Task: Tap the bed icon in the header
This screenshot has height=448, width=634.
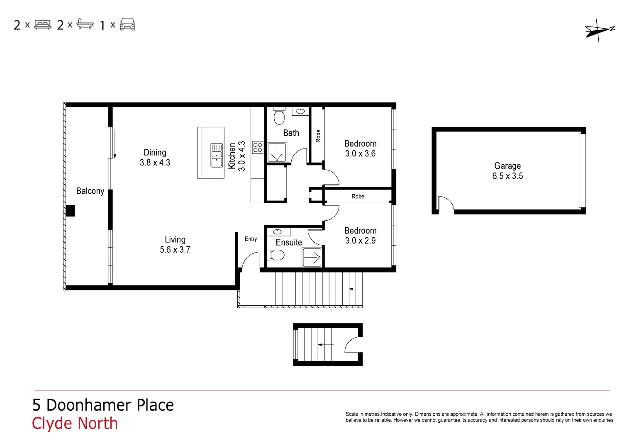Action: click(x=42, y=25)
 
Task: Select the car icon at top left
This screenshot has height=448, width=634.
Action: click(x=127, y=24)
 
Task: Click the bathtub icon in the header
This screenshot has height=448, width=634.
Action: click(x=85, y=24)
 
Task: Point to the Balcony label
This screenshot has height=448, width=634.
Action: click(x=90, y=191)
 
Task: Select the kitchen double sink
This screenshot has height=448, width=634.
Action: click(x=217, y=155)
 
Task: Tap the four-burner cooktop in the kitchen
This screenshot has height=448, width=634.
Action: click(x=258, y=147)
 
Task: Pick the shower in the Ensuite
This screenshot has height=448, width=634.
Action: click(x=312, y=257)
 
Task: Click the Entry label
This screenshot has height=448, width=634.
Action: click(x=251, y=239)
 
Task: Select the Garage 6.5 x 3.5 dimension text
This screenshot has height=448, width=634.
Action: click(x=507, y=176)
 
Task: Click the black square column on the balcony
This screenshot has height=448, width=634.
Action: click(x=70, y=211)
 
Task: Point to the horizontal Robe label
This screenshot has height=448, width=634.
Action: click(x=358, y=197)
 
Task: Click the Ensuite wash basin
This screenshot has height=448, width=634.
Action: click(x=278, y=232)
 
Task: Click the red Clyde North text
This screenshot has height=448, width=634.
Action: click(x=75, y=424)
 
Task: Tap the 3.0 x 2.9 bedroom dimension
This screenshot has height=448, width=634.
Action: click(x=360, y=241)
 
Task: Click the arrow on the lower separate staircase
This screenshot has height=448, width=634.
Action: click(x=325, y=344)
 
